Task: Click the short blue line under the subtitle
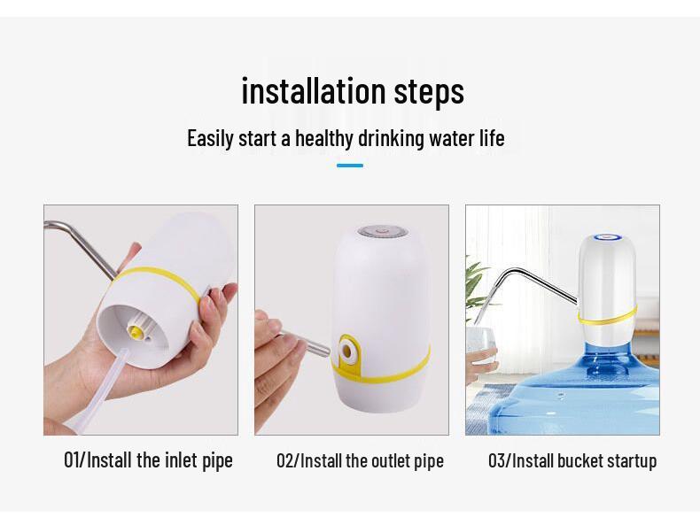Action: pos(350,166)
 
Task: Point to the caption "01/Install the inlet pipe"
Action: pos(148,460)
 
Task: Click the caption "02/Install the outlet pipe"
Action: pos(360,460)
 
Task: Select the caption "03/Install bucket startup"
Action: pos(572,460)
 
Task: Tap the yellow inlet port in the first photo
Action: pos(136,332)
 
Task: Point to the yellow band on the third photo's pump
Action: pos(607,314)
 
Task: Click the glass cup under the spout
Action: pos(479,341)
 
